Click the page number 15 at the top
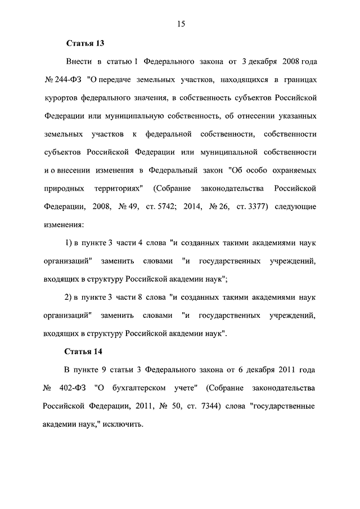pyautogui.click(x=180, y=23)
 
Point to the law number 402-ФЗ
pyautogui.click(x=74, y=388)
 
